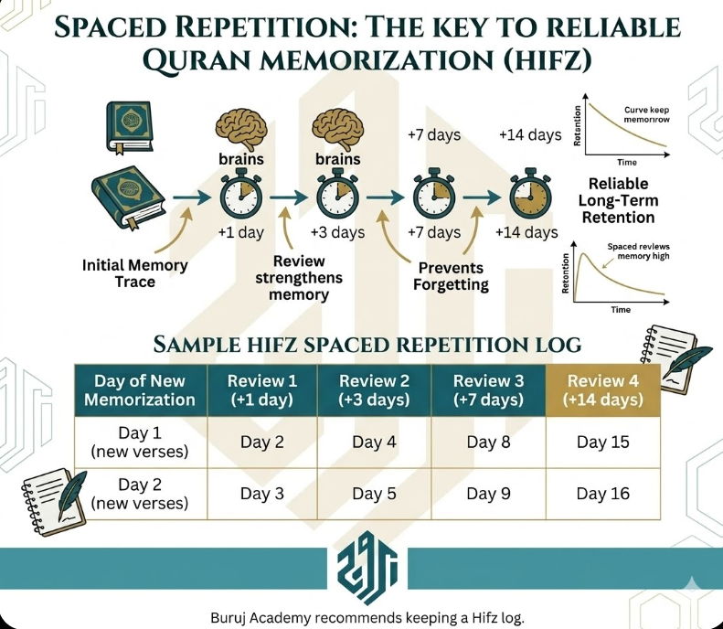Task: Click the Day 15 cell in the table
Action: click(603, 442)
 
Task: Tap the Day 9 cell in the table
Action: click(482, 494)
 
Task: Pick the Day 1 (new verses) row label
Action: click(141, 442)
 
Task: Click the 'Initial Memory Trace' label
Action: click(134, 273)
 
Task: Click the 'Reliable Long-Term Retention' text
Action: click(622, 200)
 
